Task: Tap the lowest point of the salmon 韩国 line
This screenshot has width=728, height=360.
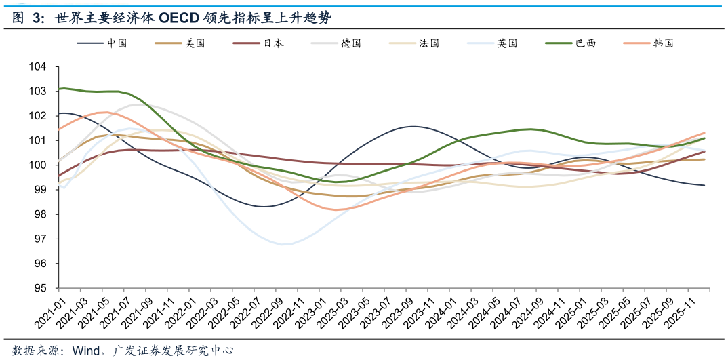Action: pyautogui.click(x=336, y=209)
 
